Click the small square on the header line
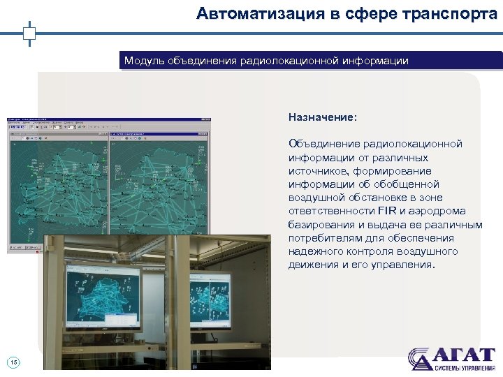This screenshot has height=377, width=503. [29, 32]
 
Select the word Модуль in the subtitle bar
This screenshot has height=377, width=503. [144, 61]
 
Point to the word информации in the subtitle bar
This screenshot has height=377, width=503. [375, 61]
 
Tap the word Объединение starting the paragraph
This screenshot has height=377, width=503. [323, 144]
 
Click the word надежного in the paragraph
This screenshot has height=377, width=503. [314, 252]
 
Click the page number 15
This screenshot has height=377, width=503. [14, 361]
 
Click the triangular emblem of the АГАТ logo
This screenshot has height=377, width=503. [421, 358]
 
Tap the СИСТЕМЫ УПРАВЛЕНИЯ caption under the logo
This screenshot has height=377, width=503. [464, 367]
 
